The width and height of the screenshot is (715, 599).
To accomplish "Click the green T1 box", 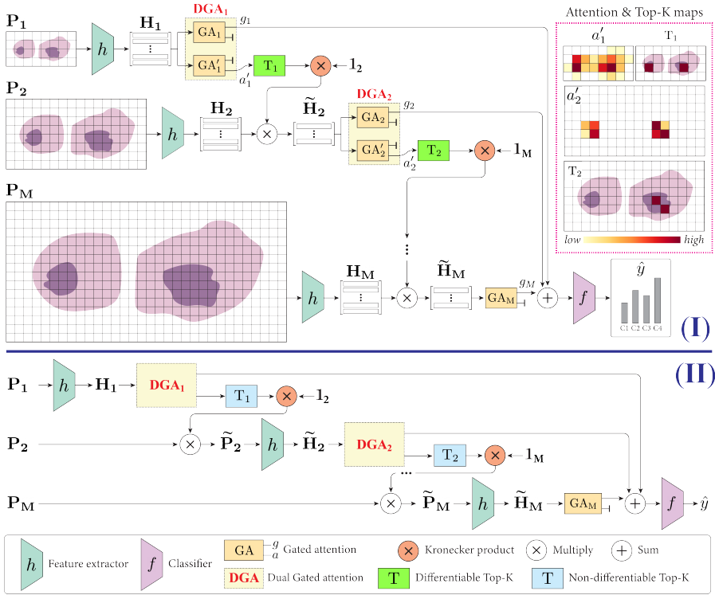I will coord(269,67).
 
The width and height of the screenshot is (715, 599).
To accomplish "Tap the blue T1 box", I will coord(240,397).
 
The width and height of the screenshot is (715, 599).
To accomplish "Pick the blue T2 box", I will coord(449,454).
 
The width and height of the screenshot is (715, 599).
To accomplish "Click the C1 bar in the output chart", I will coord(624,312).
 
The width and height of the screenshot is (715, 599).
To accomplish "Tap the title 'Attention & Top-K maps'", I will coord(630,13).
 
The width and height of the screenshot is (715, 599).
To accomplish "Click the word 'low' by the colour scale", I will coord(572,239).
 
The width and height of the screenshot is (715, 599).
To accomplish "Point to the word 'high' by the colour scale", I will coord(693,239).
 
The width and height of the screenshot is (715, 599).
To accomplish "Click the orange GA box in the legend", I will coord(244,550).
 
